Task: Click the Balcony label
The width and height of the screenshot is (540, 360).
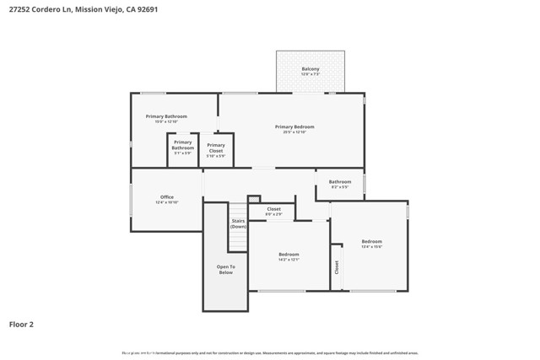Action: click(x=310, y=68)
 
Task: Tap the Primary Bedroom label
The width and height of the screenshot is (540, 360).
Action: click(x=294, y=126)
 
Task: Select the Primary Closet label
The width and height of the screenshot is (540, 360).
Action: click(x=216, y=145)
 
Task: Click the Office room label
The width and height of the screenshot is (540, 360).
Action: click(x=167, y=197)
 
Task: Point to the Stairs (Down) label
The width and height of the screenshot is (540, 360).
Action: click(x=239, y=223)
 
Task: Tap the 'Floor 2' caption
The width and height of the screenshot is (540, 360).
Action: click(x=21, y=323)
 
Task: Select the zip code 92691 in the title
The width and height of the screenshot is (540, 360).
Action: click(x=146, y=10)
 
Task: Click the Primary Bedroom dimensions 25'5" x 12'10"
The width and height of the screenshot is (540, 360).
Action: click(x=294, y=132)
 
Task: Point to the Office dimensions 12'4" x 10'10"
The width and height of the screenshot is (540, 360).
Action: click(x=167, y=203)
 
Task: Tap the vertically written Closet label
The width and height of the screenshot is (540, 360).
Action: click(x=337, y=267)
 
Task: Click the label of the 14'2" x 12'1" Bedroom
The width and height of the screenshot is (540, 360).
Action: click(x=289, y=254)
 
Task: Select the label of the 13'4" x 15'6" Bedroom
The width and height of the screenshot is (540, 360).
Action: click(x=371, y=241)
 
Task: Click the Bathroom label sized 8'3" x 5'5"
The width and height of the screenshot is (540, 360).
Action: click(x=340, y=181)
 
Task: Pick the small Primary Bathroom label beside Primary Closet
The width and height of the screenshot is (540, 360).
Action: click(x=183, y=145)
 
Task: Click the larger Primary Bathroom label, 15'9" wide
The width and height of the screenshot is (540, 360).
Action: click(x=166, y=116)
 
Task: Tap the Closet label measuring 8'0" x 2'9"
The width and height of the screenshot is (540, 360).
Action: click(x=274, y=208)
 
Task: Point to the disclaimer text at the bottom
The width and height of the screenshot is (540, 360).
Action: click(x=270, y=353)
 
